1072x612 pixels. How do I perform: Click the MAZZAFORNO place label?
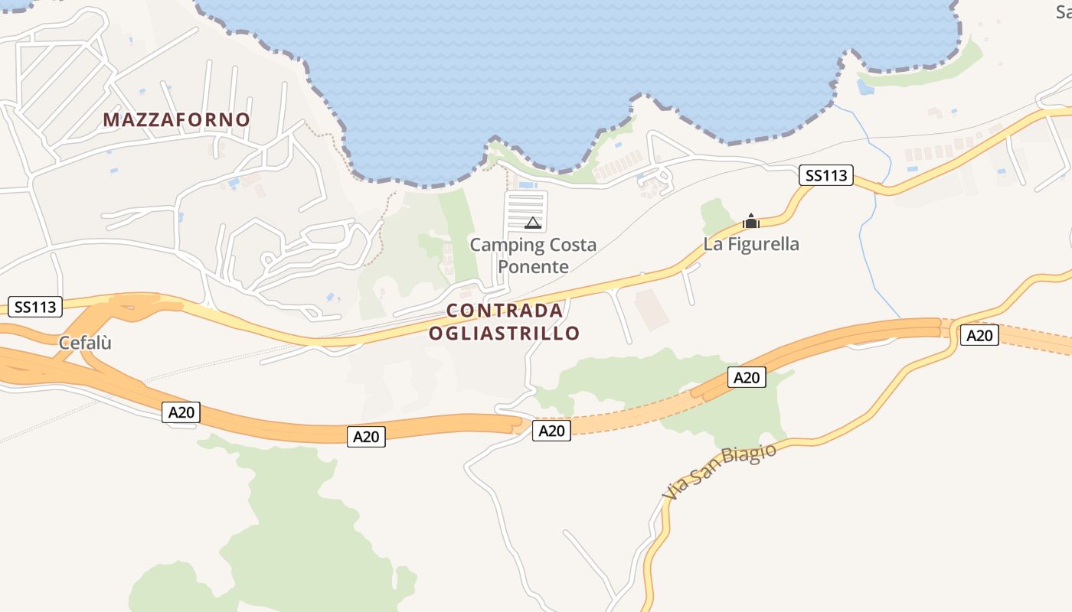pyautogui.click(x=176, y=120)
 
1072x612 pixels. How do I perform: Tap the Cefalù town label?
pyautogui.click(x=85, y=343)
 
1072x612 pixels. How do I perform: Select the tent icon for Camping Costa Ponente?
pyautogui.click(x=533, y=223)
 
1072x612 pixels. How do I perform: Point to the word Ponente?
pyautogui.click(x=533, y=267)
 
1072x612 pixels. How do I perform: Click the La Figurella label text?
pyautogui.click(x=751, y=244)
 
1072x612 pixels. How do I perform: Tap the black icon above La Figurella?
pyautogui.click(x=751, y=222)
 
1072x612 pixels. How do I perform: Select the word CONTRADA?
pyautogui.click(x=505, y=311)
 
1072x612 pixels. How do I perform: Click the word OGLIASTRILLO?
pyautogui.click(x=504, y=334)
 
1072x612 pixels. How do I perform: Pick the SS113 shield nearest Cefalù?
pyautogui.click(x=35, y=307)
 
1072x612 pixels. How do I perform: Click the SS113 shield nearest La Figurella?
pyautogui.click(x=826, y=175)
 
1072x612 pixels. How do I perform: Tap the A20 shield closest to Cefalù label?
pyautogui.click(x=181, y=412)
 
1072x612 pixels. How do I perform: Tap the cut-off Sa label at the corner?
pyautogui.click(x=1063, y=11)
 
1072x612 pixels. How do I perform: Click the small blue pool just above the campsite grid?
pyautogui.click(x=528, y=185)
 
